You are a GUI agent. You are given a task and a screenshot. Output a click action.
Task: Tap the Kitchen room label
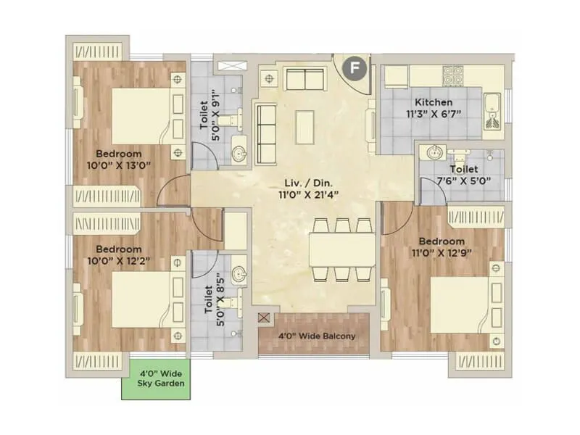point(434,102)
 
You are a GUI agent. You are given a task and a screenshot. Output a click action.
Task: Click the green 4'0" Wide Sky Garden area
point(157,378)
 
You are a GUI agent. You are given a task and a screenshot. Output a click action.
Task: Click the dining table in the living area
point(341,248)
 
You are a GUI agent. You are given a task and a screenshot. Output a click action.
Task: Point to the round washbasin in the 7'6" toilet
point(436,153)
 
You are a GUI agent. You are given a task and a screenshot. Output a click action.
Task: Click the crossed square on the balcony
point(264,318)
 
